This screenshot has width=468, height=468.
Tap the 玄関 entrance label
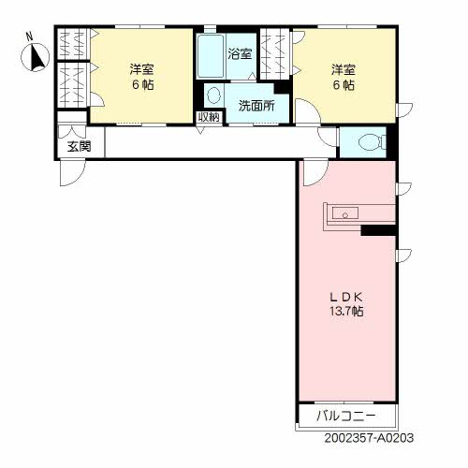[80, 146]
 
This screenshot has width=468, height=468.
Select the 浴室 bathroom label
[240, 54]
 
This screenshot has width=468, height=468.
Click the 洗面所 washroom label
[256, 106]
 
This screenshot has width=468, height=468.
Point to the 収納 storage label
[209, 117]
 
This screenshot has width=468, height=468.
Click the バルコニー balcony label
[346, 416]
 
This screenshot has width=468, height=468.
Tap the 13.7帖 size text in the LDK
[346, 311]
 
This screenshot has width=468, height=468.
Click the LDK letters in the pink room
[346, 298]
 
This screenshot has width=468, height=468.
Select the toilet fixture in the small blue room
[373, 142]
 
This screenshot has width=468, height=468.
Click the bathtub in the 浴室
[211, 56]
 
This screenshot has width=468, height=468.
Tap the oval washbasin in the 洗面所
[213, 95]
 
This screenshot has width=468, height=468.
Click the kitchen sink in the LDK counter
[345, 213]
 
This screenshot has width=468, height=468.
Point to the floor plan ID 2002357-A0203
[369, 438]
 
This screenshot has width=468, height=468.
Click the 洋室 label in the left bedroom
[142, 69]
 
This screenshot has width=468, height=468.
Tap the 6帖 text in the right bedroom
[344, 85]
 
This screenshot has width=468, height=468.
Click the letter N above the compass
[29, 37]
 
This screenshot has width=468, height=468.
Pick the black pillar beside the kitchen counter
[379, 230]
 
